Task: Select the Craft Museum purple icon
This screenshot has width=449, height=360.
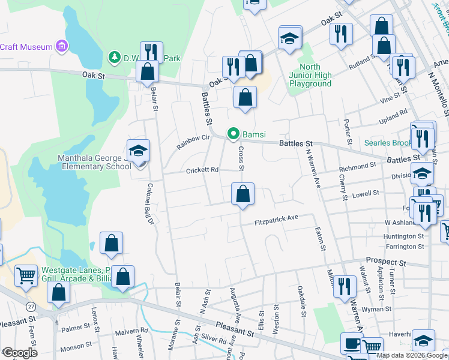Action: click(61, 46)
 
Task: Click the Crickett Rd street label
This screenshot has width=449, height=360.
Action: click(201, 170)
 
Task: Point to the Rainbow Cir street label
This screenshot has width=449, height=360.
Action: click(193, 142)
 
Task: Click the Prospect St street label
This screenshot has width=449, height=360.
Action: click(386, 263)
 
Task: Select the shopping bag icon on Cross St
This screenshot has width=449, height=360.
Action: click(243, 194)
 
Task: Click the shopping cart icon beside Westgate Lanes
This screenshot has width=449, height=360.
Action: click(26, 277)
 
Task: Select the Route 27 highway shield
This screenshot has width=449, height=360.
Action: click(30, 306)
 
